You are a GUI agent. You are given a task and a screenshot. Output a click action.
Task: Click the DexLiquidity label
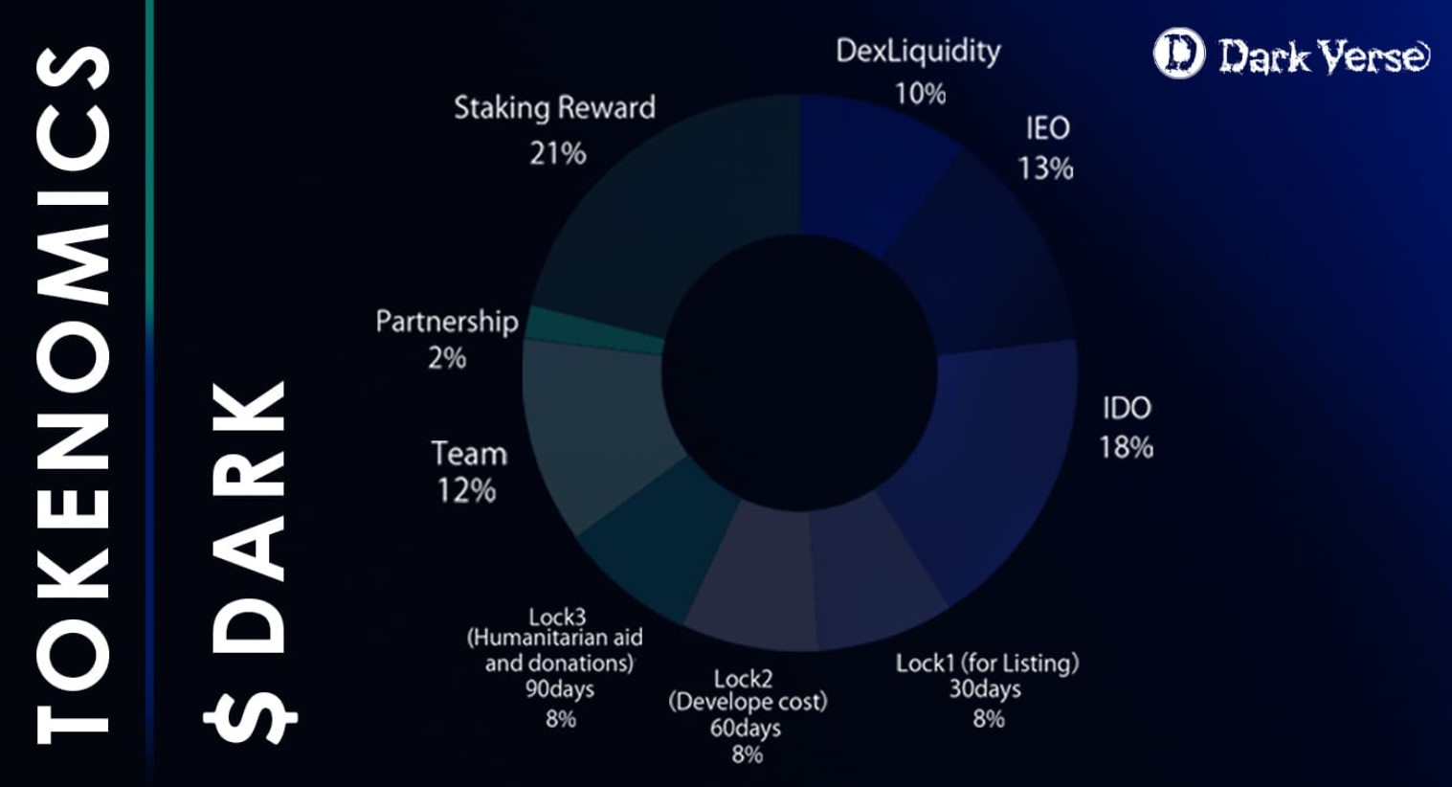918,51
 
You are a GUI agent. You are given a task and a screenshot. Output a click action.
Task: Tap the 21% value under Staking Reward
557,152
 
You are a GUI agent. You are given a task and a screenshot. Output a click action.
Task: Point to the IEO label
1047,128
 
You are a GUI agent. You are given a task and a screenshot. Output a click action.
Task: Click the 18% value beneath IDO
1126,447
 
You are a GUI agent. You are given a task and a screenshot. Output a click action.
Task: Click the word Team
469,453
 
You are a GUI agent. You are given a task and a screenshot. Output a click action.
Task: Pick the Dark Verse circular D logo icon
1178,54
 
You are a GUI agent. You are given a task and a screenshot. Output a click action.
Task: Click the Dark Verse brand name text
1324,56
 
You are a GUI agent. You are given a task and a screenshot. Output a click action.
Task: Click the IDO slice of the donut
986,460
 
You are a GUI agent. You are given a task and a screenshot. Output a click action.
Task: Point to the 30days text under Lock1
985,689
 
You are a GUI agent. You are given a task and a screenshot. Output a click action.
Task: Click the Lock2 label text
743,678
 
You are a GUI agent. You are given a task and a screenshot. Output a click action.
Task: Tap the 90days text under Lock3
560,689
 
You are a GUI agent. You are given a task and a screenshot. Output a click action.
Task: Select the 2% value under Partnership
447,358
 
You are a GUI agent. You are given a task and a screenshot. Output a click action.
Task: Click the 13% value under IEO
1045,169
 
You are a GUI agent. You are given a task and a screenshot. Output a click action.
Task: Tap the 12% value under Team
466,491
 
